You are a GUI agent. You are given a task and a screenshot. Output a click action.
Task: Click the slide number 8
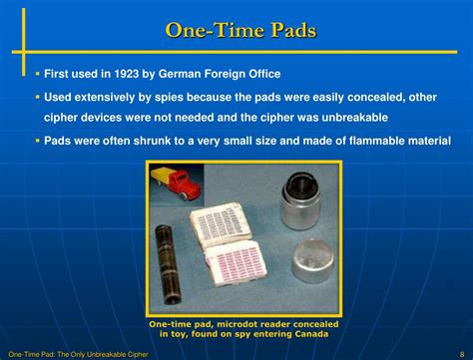coord(462,354)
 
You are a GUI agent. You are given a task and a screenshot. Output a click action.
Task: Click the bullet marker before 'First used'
coord(37,74)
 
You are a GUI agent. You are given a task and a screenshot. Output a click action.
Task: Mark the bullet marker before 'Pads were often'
coord(37,141)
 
